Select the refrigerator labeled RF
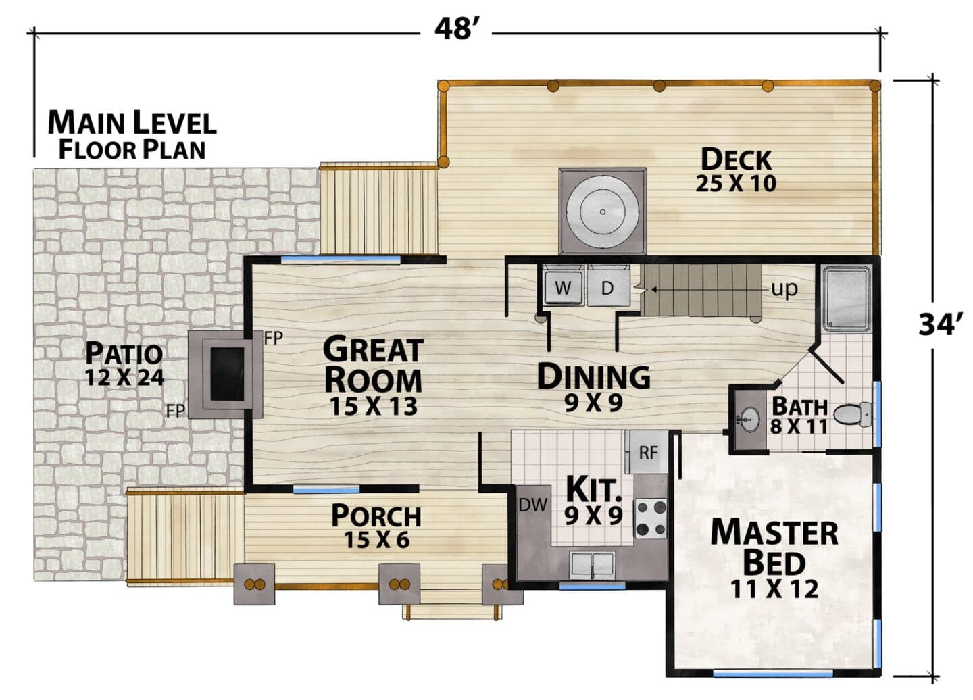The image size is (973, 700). tap(647, 452)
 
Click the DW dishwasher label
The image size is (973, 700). tap(533, 505)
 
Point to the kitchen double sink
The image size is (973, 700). tap(592, 565)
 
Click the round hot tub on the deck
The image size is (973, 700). tap(603, 212)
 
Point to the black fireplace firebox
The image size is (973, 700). tap(227, 374)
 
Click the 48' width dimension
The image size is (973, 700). tap(456, 30)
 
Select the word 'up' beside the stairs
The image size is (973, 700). tap(784, 289)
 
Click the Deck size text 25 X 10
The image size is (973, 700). tap(736, 184)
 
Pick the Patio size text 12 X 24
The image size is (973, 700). tap(124, 377)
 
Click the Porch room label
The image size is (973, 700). tap(376, 516)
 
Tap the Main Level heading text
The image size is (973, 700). tap(132, 122)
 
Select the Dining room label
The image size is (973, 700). tap(594, 376)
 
